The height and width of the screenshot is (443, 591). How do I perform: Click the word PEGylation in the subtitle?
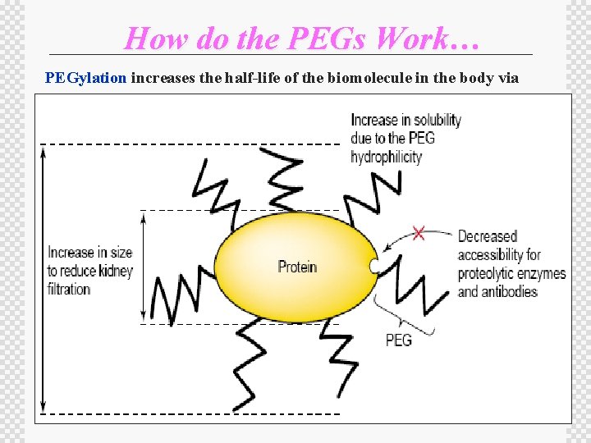coord(86,79)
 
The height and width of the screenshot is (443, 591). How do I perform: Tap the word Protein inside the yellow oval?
coord(297,267)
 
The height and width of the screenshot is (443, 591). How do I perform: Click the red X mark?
coord(419,234)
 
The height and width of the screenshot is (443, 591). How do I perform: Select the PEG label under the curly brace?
coord(399,340)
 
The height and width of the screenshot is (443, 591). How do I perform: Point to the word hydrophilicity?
coord(386,157)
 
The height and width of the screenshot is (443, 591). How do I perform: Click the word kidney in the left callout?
coord(113,271)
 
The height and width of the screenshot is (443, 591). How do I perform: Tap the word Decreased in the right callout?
coord(488,237)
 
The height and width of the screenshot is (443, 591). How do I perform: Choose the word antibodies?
coord(509,291)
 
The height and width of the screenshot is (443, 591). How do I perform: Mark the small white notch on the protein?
coord(374,267)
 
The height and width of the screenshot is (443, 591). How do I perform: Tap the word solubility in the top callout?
coord(433,120)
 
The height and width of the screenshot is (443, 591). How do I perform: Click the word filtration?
coord(69,289)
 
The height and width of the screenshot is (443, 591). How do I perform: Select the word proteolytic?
coord(490,273)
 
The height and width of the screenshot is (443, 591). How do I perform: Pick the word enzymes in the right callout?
coord(543,273)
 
